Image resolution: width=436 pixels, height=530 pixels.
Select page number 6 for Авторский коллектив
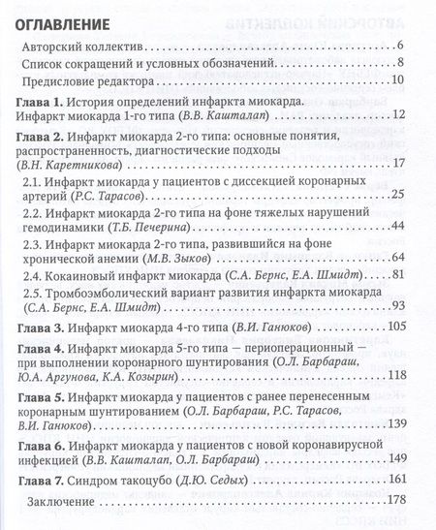399,47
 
